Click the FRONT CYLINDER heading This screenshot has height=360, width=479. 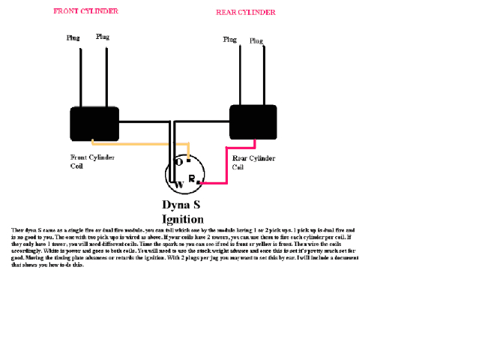pos(85,11)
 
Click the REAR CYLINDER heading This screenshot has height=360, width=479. pos(245,13)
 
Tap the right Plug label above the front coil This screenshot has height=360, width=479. pos(103,37)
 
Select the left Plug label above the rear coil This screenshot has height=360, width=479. pos(230,38)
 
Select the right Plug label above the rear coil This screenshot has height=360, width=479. pos(256,40)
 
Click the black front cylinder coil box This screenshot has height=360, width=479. pos(94,124)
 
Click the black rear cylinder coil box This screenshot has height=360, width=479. pos(253,122)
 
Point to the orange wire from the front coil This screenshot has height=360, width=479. pos(142,143)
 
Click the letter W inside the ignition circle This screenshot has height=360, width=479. pos(179,184)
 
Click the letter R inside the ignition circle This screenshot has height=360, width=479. pos(192,178)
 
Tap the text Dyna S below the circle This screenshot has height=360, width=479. pos(181,205)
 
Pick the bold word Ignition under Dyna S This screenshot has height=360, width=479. pos(183,218)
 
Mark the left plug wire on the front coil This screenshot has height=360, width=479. pos(76,75)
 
